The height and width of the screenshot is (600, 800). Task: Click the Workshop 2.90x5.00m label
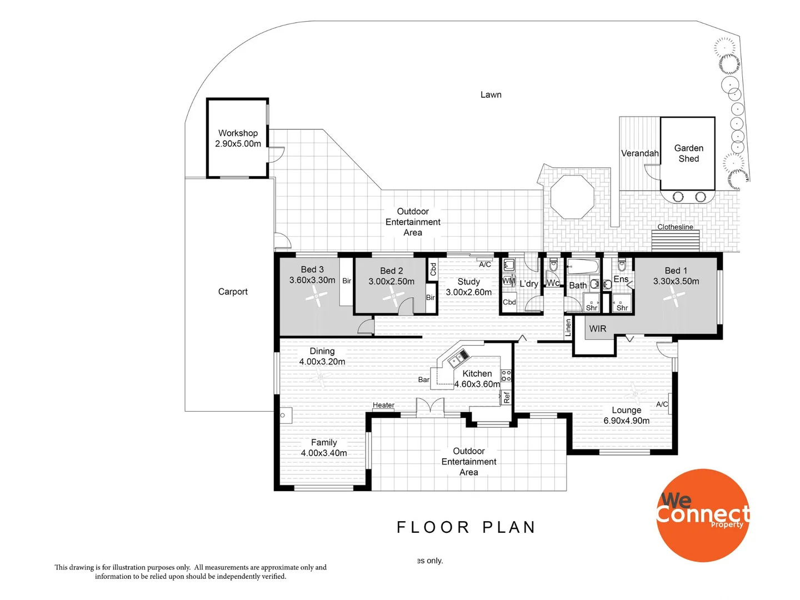pyautogui.click(x=238, y=138)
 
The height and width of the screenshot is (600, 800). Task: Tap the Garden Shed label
pyautogui.click(x=688, y=153)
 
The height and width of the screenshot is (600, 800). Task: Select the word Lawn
pyautogui.click(x=491, y=95)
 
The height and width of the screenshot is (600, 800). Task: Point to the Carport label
pyautogui.click(x=233, y=292)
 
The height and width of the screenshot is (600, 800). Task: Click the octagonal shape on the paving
pyautogui.click(x=572, y=197)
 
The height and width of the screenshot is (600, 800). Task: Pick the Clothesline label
pyautogui.click(x=675, y=227)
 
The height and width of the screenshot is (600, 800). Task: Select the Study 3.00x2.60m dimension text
pyautogui.click(x=468, y=292)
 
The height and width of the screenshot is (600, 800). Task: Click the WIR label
pyautogui.click(x=598, y=329)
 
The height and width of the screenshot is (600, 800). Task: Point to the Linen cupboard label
pyautogui.click(x=568, y=328)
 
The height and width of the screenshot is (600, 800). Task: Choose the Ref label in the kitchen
pyautogui.click(x=507, y=397)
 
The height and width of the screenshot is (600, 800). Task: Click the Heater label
pyautogui.click(x=383, y=405)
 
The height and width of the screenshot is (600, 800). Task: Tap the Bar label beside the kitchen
pyautogui.click(x=423, y=380)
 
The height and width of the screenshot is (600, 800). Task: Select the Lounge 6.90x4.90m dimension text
pyautogui.click(x=627, y=421)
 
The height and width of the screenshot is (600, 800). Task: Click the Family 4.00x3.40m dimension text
pyautogui.click(x=324, y=453)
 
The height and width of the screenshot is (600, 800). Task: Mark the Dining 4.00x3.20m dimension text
pyautogui.click(x=322, y=361)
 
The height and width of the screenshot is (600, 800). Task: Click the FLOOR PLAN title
pyautogui.click(x=466, y=527)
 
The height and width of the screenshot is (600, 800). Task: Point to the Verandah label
pyautogui.click(x=639, y=153)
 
